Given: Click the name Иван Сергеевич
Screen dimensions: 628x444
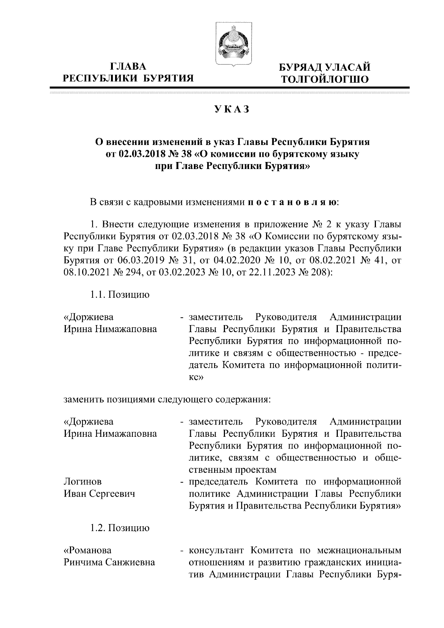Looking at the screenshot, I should click(x=100, y=493).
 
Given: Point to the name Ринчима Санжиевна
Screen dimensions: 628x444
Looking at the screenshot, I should click(x=109, y=563).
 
